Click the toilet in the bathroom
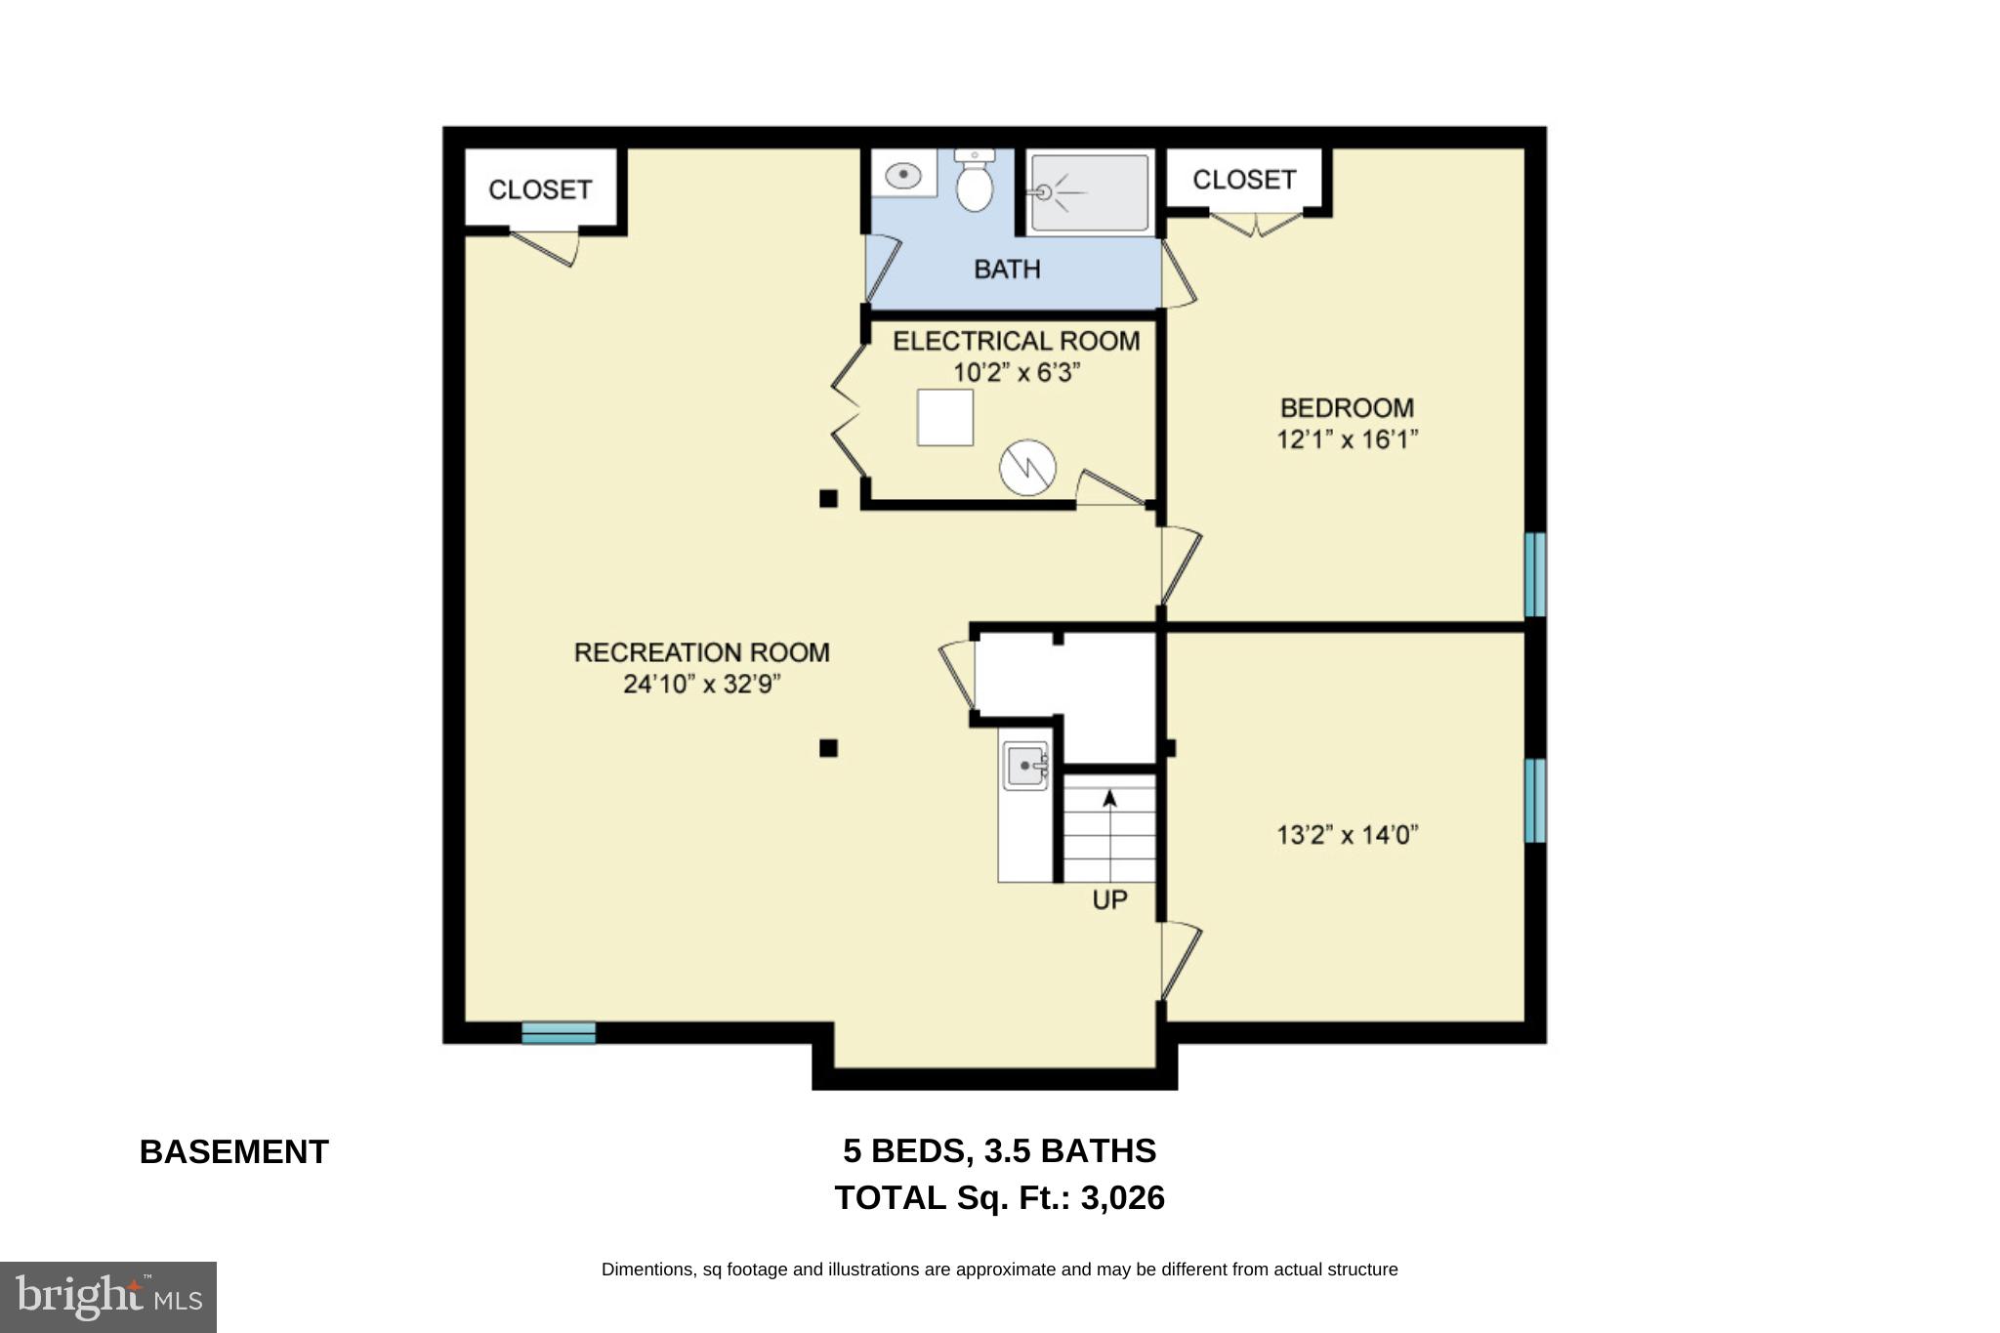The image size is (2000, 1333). pyautogui.click(x=975, y=183)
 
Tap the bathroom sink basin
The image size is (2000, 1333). pyautogui.click(x=903, y=176)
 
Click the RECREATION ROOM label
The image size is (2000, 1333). pyautogui.click(x=701, y=652)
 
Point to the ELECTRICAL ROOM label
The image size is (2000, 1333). pyautogui.click(x=1016, y=341)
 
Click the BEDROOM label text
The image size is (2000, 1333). pyautogui.click(x=1347, y=407)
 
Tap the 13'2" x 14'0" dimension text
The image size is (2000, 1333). pyautogui.click(x=1347, y=835)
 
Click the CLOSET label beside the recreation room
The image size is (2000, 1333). pyautogui.click(x=540, y=189)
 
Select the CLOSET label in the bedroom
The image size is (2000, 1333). pyautogui.click(x=1244, y=180)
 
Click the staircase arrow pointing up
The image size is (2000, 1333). pyautogui.click(x=1109, y=799)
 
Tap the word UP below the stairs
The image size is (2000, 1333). pyautogui.click(x=1109, y=899)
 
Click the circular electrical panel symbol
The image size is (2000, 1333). pyautogui.click(x=1027, y=467)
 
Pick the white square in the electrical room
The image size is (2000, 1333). pyautogui.click(x=944, y=417)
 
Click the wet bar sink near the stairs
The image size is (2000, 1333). pyautogui.click(x=1025, y=766)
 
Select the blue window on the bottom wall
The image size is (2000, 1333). pyautogui.click(x=558, y=1032)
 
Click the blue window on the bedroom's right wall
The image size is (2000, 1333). pyautogui.click(x=1534, y=574)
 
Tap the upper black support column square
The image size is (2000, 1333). pyautogui.click(x=828, y=499)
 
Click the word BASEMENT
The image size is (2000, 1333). pyautogui.click(x=234, y=1152)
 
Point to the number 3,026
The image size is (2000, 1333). pyautogui.click(x=1122, y=1198)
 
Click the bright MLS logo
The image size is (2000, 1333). pyautogui.click(x=107, y=1297)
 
